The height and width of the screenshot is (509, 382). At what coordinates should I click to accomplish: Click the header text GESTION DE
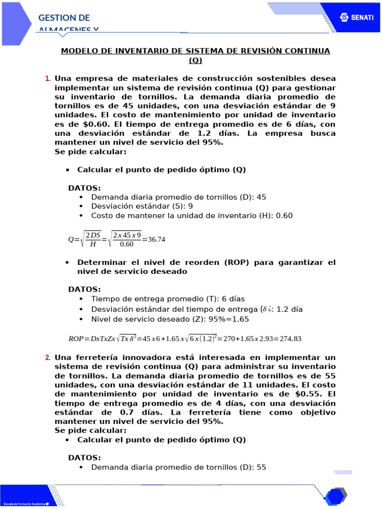(64, 18)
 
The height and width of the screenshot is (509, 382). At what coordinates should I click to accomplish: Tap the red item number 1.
(48, 79)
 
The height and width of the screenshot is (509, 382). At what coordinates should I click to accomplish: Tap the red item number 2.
(48, 357)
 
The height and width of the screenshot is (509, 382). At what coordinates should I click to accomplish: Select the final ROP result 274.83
(291, 339)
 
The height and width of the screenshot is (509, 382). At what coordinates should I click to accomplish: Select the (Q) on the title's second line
(195, 60)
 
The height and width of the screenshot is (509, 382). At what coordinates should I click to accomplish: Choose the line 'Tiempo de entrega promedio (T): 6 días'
(168, 299)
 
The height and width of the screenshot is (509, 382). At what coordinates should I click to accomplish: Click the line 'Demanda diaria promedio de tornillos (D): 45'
(179, 197)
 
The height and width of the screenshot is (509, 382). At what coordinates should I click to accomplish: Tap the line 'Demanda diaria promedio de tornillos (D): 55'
(179, 467)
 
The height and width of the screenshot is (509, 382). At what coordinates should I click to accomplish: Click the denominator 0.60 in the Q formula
(127, 244)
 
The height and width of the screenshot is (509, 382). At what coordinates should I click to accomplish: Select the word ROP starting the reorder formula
(76, 339)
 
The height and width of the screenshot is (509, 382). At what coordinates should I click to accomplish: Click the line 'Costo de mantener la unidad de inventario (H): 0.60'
(192, 215)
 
